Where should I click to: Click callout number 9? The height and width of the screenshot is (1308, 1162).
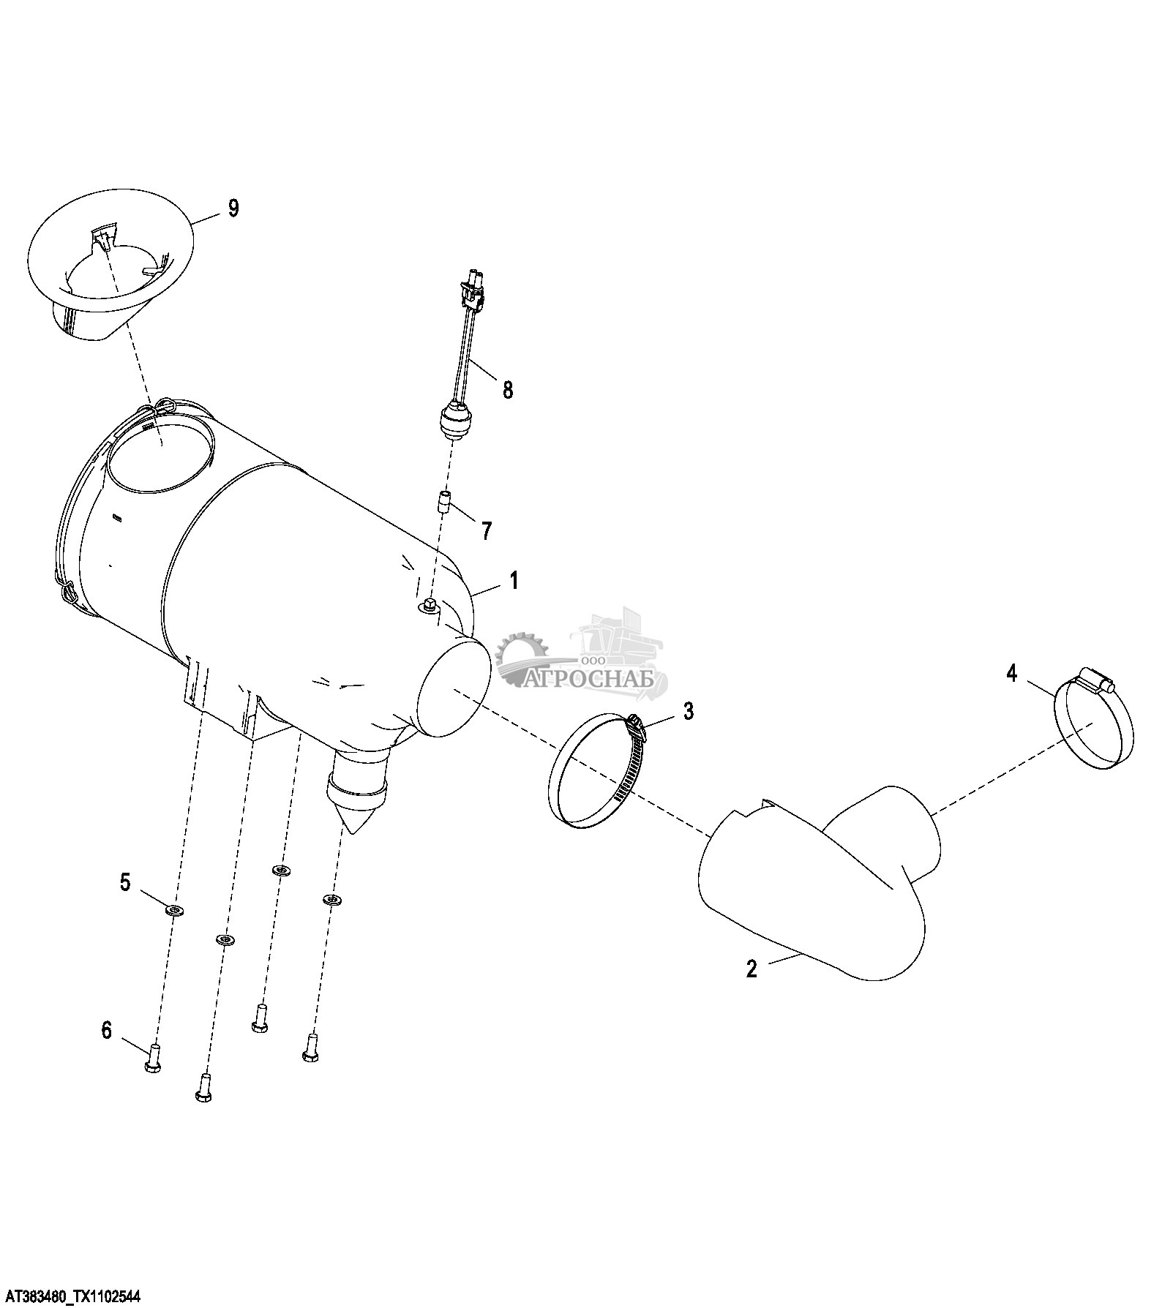click(233, 208)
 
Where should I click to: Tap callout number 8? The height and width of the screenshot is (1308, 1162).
click(508, 389)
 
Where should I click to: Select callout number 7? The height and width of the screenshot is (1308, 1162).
click(487, 530)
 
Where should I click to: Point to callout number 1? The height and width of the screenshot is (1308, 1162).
click(514, 582)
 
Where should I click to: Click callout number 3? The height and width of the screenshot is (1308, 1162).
click(689, 710)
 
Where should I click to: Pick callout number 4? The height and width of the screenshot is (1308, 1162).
click(1012, 673)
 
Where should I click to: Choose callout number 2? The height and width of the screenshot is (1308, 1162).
click(751, 969)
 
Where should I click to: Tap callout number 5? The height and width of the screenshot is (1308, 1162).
click(125, 883)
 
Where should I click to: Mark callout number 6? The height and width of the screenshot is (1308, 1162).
click(107, 1031)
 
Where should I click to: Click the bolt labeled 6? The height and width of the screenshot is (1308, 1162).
click(153, 1058)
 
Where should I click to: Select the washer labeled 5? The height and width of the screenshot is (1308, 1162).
click(175, 911)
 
